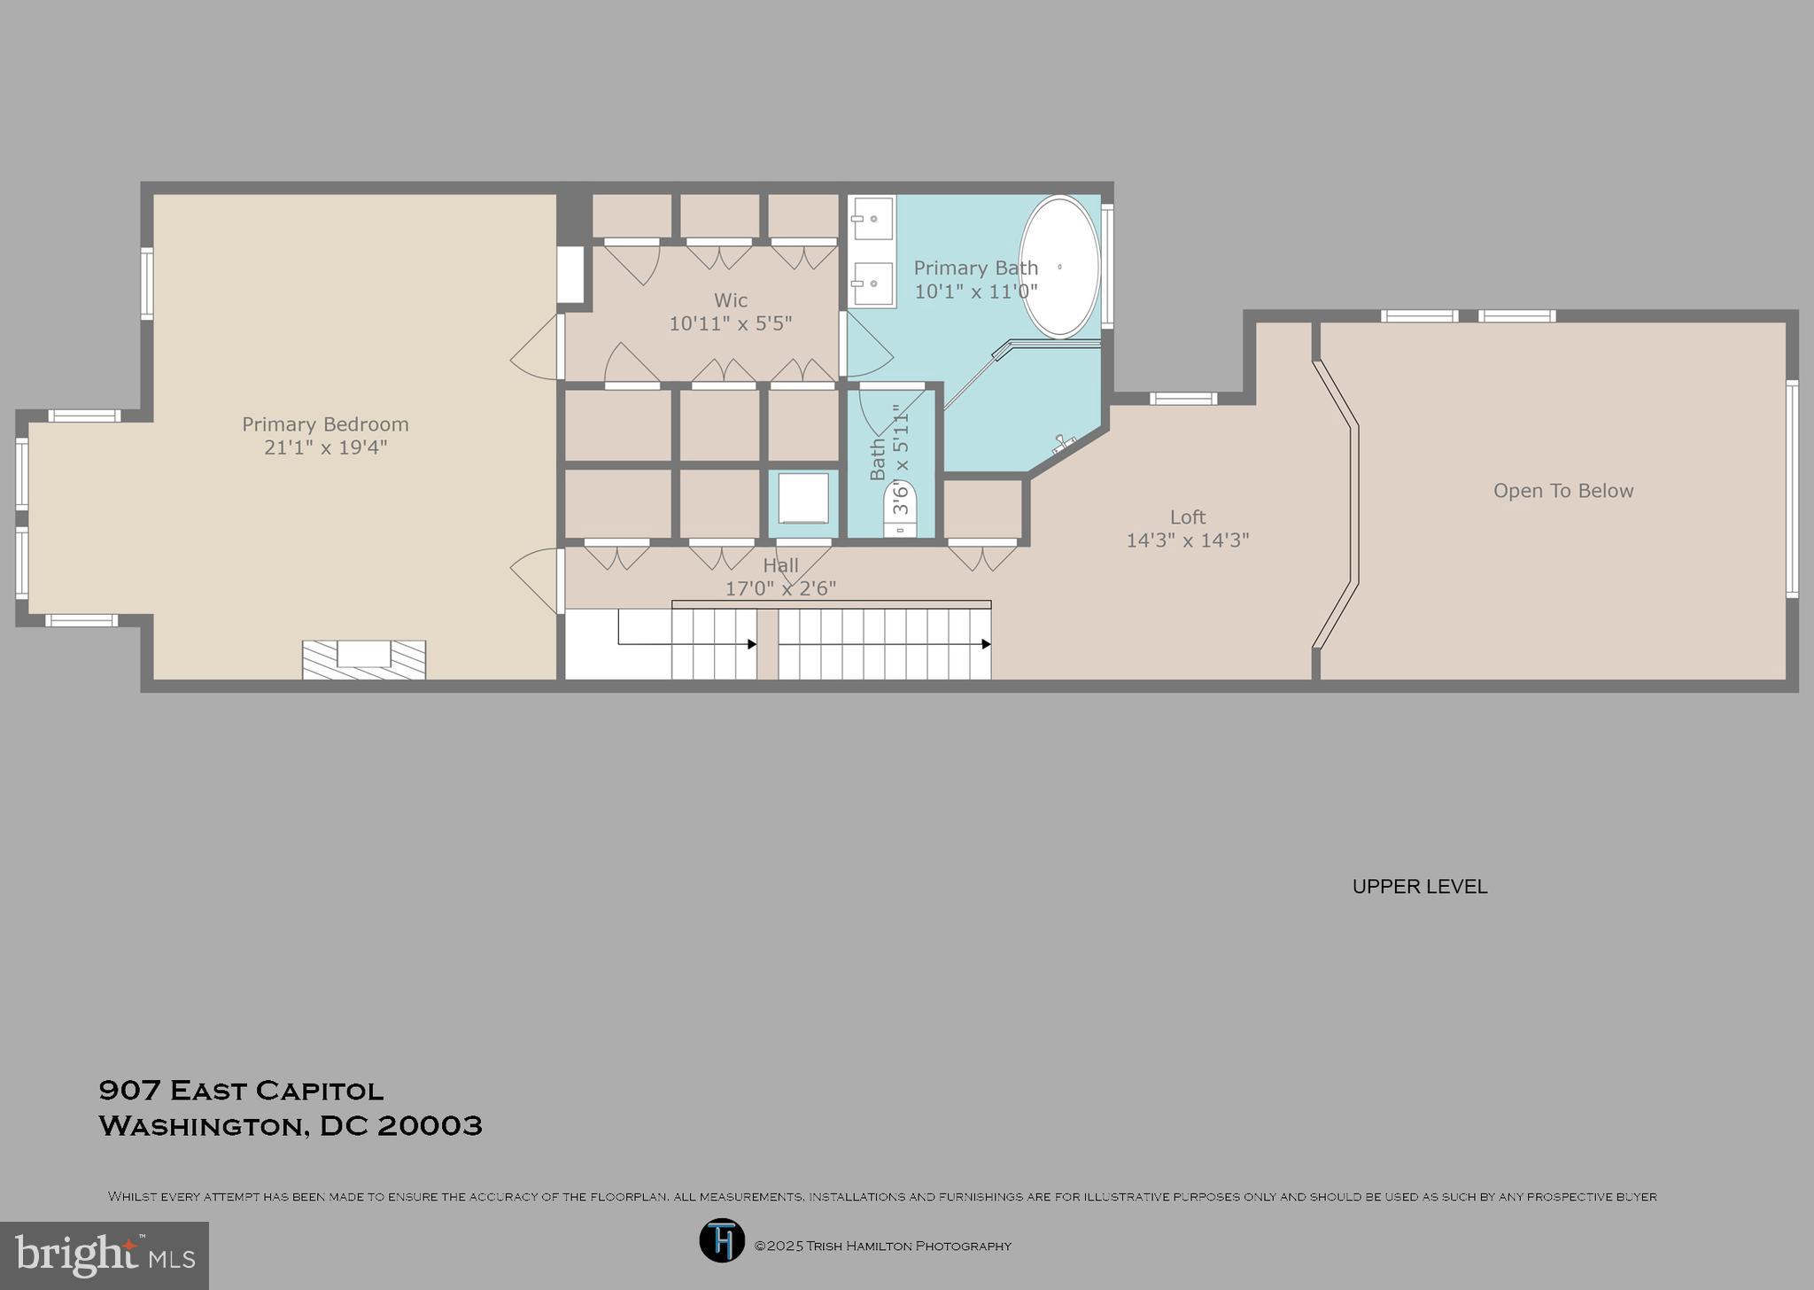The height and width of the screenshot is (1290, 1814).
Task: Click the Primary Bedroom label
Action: coord(325,424)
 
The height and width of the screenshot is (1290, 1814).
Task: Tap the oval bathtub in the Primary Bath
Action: coord(1059,266)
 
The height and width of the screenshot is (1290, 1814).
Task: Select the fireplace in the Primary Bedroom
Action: coord(363,659)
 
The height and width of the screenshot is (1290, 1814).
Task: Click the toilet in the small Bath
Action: coord(901,509)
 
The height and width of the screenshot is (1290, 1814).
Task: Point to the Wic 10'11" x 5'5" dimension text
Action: coord(730,323)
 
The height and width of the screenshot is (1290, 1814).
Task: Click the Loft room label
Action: coord(1188,517)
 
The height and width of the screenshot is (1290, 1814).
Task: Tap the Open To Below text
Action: coord(1562,491)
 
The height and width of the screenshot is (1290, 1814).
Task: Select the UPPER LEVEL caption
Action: coord(1419,886)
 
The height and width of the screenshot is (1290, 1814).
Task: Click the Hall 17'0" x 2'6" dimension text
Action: coord(780,588)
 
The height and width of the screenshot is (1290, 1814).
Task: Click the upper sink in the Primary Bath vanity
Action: coord(872,218)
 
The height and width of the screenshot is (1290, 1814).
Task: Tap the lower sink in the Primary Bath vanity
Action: coord(872,284)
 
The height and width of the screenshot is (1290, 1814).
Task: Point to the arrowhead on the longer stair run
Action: coord(986,644)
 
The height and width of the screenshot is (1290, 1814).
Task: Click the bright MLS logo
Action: coord(105,1255)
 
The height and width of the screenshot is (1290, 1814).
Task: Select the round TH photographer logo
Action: coord(722,1240)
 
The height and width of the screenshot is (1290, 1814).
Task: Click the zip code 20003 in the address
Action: coord(430,1126)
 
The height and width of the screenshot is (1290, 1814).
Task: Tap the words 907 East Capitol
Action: coord(241,1090)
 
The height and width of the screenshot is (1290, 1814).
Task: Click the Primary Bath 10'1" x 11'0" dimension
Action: coord(975,291)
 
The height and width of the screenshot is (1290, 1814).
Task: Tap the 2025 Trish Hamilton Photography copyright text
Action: coord(882,1246)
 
